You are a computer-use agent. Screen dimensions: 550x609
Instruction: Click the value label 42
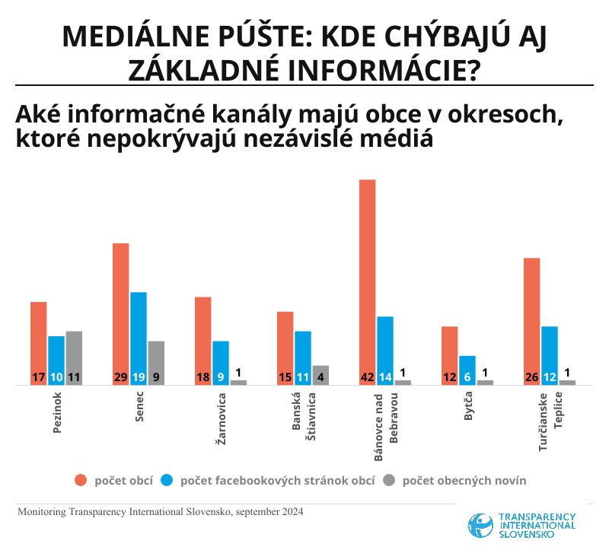[368, 377]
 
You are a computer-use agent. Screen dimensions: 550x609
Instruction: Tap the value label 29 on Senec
[121, 377]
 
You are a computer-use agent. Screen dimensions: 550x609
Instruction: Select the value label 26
[532, 377]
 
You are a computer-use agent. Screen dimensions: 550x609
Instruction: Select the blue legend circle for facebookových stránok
[168, 480]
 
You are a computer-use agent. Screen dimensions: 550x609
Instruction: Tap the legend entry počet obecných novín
[464, 480]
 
